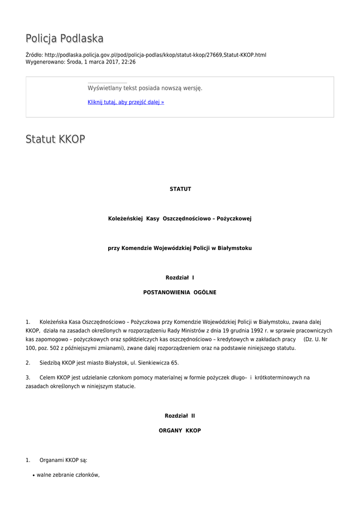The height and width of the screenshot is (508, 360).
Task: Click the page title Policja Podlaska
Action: click(x=65, y=39)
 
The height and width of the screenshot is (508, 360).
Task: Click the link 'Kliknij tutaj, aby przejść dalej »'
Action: click(x=126, y=102)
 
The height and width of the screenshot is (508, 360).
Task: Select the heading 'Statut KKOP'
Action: click(x=55, y=139)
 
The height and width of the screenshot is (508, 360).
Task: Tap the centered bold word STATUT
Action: click(x=180, y=189)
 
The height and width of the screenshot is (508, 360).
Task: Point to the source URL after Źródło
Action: click(x=155, y=55)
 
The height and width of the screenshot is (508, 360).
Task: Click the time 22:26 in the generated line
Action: click(x=129, y=62)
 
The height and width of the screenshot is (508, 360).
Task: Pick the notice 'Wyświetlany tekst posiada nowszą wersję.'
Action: click(x=145, y=88)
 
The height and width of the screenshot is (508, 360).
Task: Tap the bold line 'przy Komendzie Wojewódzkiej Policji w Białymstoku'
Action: click(x=180, y=248)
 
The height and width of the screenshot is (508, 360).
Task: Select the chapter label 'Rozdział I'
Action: click(x=180, y=278)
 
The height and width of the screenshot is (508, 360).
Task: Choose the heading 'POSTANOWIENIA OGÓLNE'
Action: click(x=180, y=293)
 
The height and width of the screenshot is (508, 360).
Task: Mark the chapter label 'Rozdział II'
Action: click(x=180, y=416)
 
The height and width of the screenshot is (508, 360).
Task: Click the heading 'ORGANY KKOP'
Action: click(x=180, y=431)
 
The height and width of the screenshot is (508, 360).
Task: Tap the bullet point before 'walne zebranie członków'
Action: click(x=33, y=475)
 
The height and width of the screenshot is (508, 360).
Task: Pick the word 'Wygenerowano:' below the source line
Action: click(x=45, y=62)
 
